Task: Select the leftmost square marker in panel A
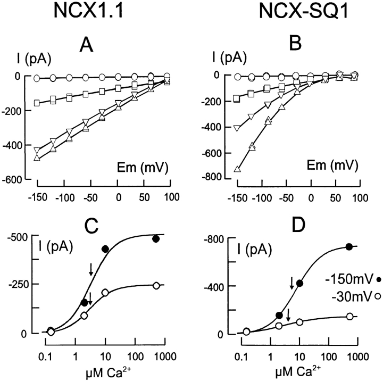[x=37, y=103]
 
